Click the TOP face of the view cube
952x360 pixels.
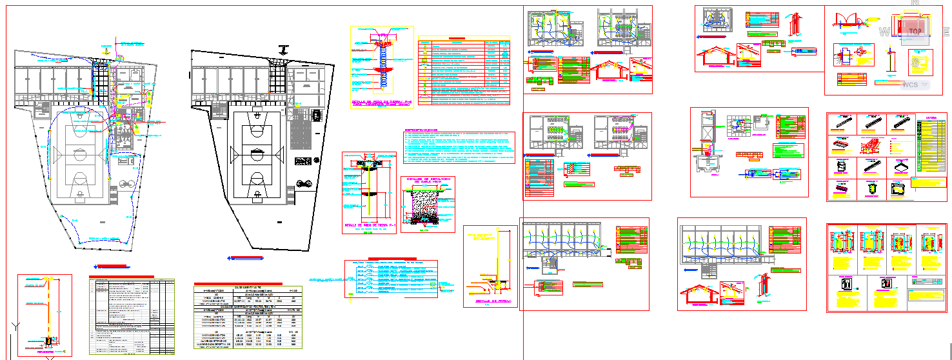pyautogui.click(x=914, y=30)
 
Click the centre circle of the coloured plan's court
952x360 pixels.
pyautogui.click(x=80, y=154)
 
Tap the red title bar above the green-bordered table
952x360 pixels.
pyautogui.click(x=122, y=276)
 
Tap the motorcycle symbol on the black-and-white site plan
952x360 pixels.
pyautogui.click(x=306, y=182)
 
